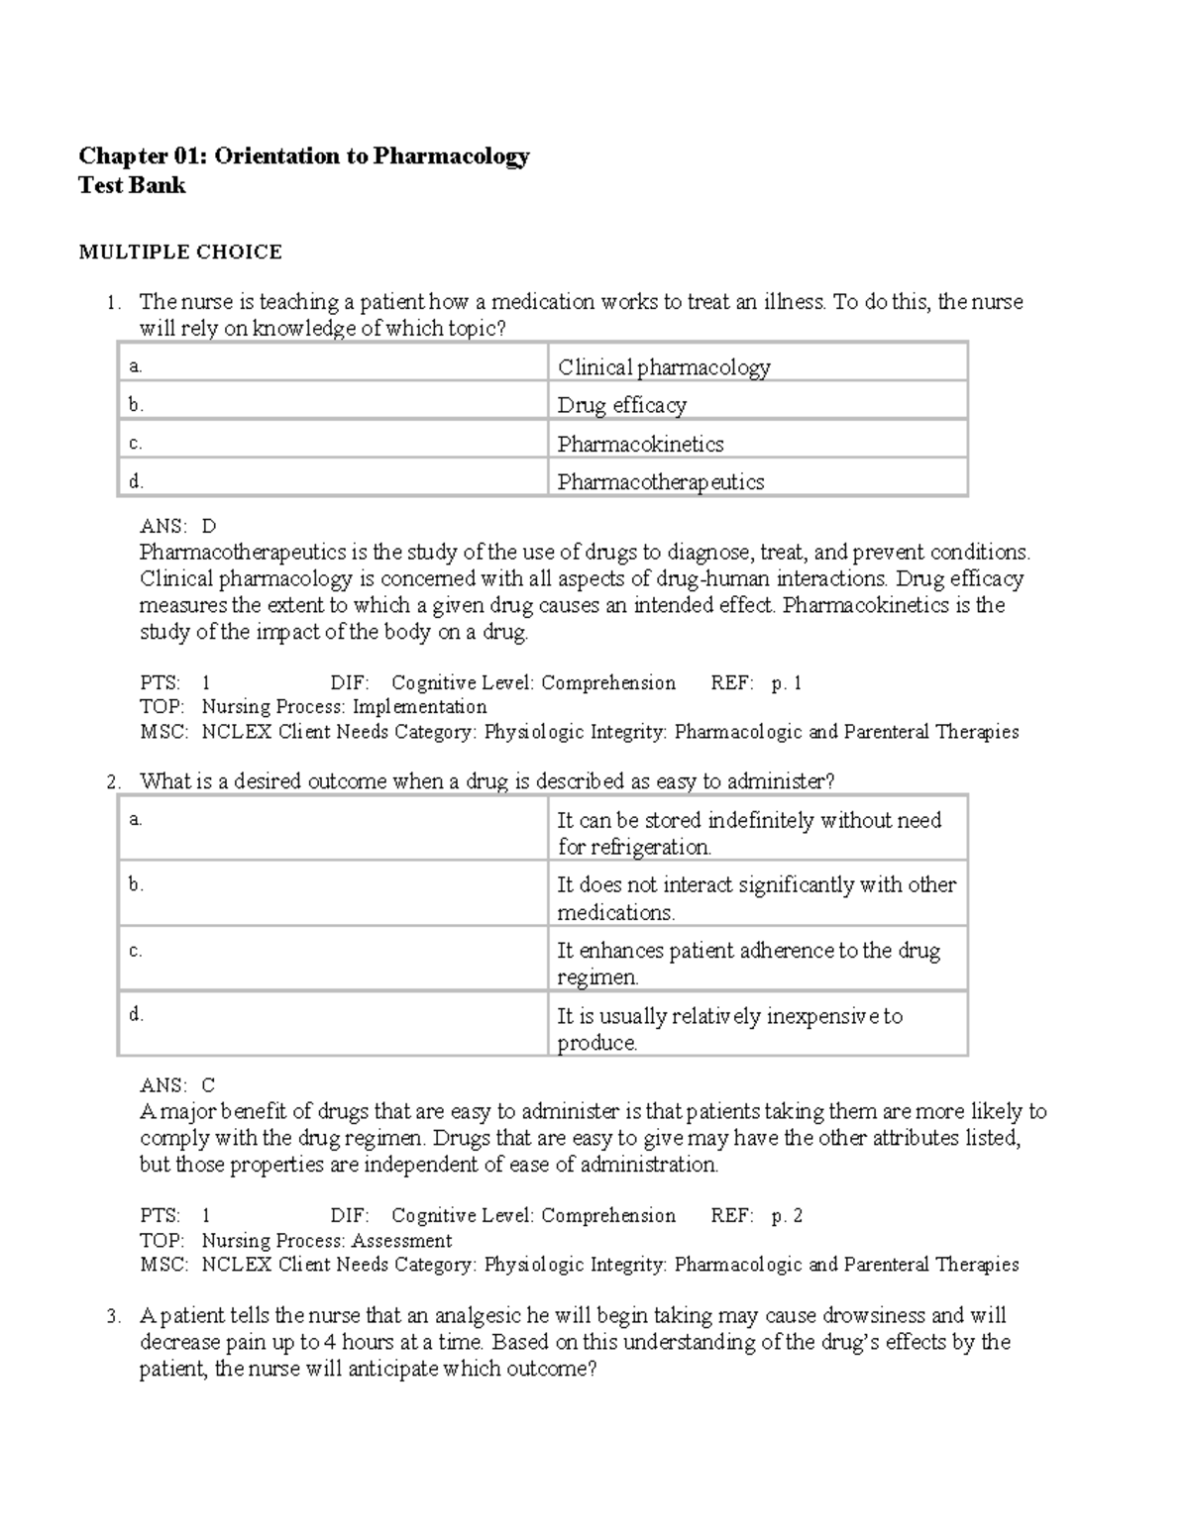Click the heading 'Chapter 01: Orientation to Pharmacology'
point(304,156)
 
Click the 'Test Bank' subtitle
point(132,186)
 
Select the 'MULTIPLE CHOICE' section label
point(180,253)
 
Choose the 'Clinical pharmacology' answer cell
point(664,367)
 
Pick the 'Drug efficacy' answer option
point(621,405)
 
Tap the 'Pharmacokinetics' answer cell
point(640,444)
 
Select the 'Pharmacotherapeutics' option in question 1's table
point(661,482)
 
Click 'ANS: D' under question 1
point(178,526)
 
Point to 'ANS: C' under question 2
point(178,1085)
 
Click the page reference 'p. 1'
point(787,683)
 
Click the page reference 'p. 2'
point(787,1216)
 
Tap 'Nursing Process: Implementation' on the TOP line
point(344,707)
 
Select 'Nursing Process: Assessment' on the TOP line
point(327,1241)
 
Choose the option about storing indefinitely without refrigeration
point(749,833)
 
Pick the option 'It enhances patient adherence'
point(749,964)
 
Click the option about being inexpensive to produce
point(730,1029)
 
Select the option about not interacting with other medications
point(756,898)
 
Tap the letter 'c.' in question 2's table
point(136,951)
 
